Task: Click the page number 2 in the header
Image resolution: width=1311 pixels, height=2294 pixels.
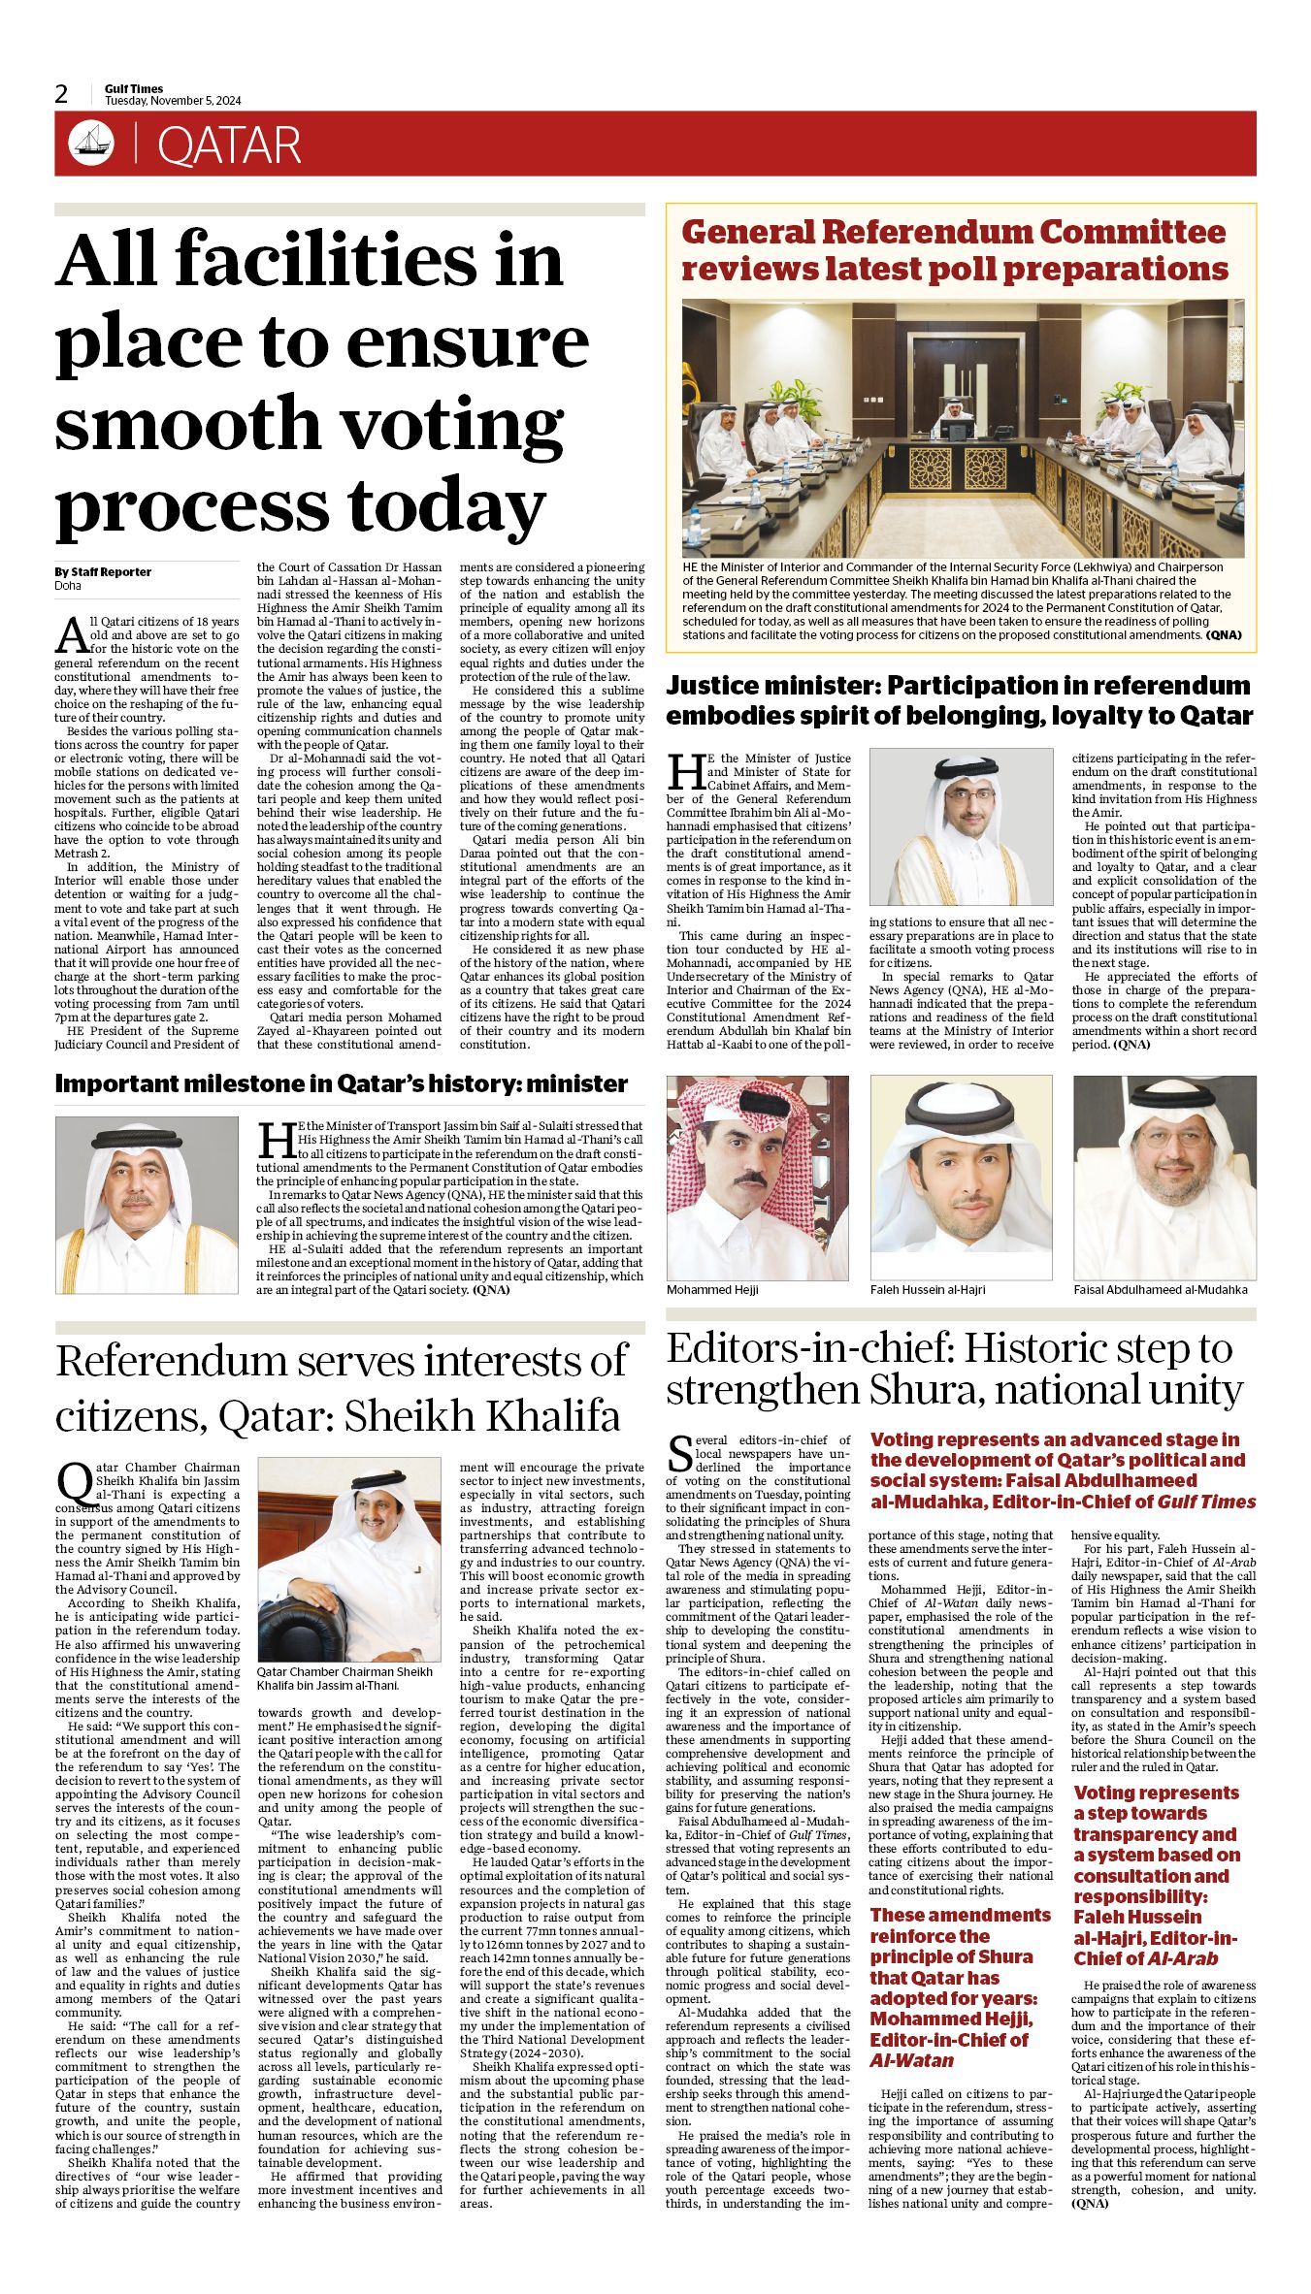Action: pos(62,94)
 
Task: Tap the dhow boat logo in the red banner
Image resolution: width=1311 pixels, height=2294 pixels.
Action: pos(91,144)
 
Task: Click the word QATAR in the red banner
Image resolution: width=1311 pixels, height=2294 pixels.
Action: pos(229,145)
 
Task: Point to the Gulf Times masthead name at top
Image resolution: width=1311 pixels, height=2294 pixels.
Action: pos(134,88)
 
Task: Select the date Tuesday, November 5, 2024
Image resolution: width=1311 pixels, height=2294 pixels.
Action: pos(173,101)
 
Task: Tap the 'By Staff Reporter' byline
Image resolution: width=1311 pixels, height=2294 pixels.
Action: pos(103,571)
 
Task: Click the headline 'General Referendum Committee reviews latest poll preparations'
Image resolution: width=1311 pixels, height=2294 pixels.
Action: pos(954,250)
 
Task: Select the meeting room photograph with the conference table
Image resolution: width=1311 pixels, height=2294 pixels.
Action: pos(962,428)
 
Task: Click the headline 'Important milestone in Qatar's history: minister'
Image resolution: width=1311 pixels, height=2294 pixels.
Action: pos(341,1083)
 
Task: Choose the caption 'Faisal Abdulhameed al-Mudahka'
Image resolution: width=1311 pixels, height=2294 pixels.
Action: pos(1160,1289)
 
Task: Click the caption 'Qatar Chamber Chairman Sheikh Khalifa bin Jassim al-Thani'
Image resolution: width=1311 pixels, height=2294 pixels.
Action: pos(344,1678)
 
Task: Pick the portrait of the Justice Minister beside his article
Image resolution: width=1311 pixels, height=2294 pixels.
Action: pos(961,826)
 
